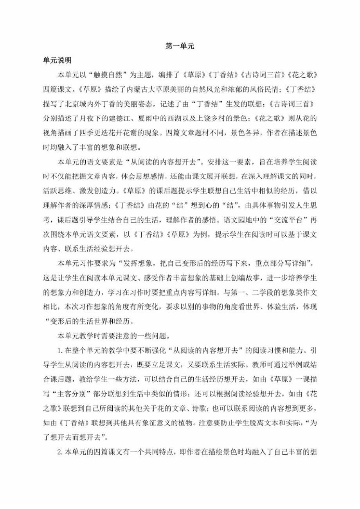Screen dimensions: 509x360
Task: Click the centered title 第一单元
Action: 180,47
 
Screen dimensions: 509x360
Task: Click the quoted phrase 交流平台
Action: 285,234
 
